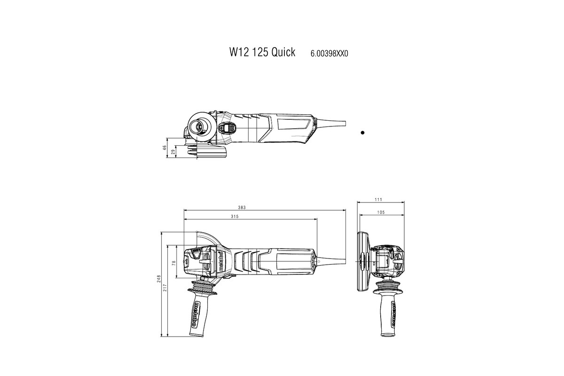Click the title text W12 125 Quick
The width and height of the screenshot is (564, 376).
click(x=262, y=52)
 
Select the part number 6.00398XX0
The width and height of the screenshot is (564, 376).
click(x=329, y=54)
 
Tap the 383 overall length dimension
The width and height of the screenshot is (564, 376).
click(x=242, y=208)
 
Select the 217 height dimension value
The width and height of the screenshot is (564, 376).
click(x=165, y=287)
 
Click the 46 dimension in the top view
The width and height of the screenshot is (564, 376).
click(x=165, y=147)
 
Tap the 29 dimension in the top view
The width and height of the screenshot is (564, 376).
click(x=173, y=151)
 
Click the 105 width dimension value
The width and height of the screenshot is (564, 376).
click(x=381, y=212)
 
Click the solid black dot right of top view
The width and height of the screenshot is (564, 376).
click(x=362, y=133)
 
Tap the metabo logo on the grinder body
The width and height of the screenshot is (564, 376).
click(x=219, y=261)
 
